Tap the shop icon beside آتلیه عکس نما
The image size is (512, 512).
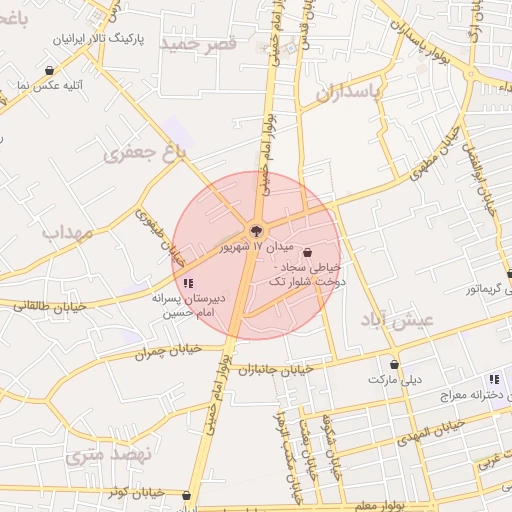50,70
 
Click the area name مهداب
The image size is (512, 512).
67,232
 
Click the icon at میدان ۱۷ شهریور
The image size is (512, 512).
256,231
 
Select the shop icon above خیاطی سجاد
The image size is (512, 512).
307,252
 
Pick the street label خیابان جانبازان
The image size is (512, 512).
275,370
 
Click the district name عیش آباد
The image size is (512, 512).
397,320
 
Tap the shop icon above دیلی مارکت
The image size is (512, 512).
395,364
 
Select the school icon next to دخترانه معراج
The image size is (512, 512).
494,379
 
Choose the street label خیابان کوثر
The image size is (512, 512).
134,493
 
